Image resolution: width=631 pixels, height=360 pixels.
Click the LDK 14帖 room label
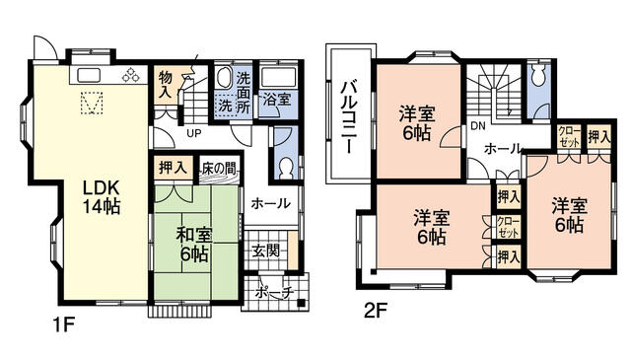102,197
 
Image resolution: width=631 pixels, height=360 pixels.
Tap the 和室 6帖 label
194,245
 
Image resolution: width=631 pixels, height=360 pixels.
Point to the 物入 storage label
166,84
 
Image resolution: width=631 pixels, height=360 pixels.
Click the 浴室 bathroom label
277,99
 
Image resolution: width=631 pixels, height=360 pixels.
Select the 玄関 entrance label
265,252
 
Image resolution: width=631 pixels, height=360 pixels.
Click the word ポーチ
275,292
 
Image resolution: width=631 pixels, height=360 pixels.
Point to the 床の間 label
218,168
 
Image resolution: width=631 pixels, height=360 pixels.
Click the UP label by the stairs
194,133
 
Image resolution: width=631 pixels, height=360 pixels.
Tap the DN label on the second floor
478,126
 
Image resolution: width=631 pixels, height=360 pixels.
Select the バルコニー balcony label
348,116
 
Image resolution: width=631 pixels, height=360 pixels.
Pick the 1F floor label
64,324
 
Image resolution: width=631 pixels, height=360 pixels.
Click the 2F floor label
375,311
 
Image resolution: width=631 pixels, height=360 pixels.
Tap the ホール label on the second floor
502,149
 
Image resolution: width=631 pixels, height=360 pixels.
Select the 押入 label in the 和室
173,168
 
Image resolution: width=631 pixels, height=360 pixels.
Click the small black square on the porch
301,303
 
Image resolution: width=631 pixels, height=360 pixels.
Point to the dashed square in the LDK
92,104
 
